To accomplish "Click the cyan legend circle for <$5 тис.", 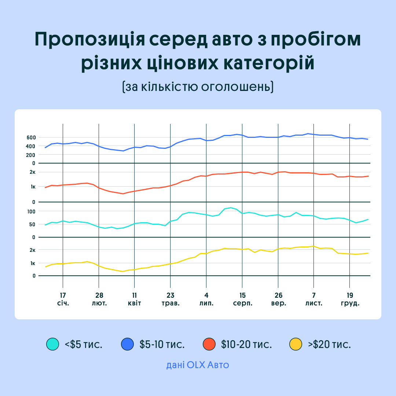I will pyautogui.click(x=52, y=344).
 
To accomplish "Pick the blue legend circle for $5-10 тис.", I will pyautogui.click(x=127, y=344).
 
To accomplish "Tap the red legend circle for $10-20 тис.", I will pyautogui.click(x=209, y=344).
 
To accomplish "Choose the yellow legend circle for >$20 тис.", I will pyautogui.click(x=296, y=344).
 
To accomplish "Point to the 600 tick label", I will pyautogui.click(x=31, y=137).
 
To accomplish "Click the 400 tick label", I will pyautogui.click(x=31, y=146).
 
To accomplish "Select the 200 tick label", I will pyautogui.click(x=31, y=155).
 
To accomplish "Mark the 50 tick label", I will pyautogui.click(x=32, y=224).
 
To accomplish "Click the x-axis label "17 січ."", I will pyautogui.click(x=63, y=299).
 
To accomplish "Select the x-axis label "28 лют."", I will pyautogui.click(x=99, y=299).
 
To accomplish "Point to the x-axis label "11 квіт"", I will pyautogui.click(x=135, y=299).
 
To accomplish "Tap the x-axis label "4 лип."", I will pyautogui.click(x=206, y=299).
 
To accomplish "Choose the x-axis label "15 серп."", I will pyautogui.click(x=242, y=299).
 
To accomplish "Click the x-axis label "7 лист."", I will pyautogui.click(x=314, y=299).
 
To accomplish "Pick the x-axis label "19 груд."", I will pyautogui.click(x=349, y=299).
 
